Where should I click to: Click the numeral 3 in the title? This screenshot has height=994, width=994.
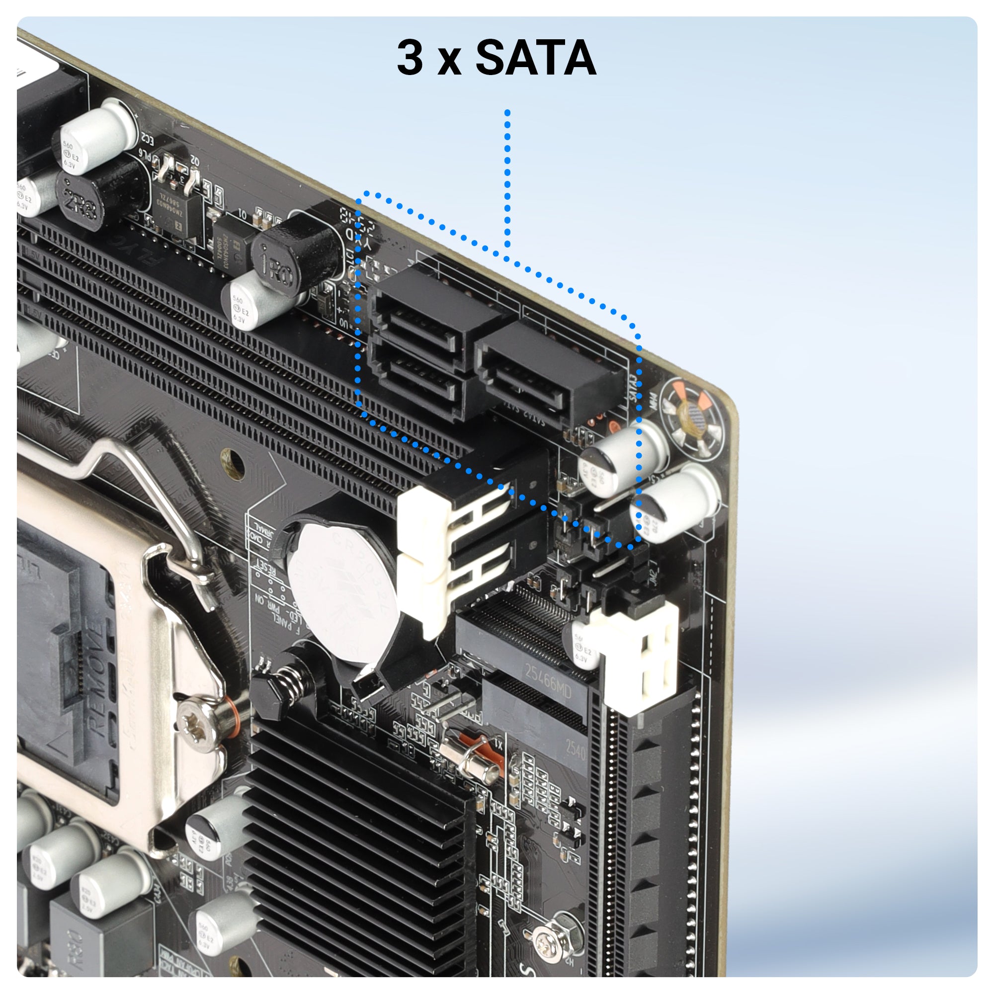click(410, 58)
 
